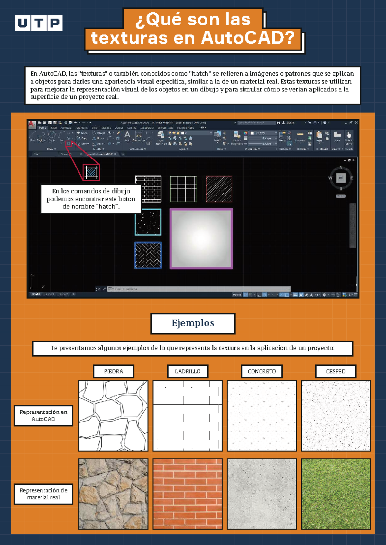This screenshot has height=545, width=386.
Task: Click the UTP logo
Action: (39, 23)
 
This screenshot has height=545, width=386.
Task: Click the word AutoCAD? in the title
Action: (248, 38)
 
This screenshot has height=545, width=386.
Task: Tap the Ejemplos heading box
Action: (193, 323)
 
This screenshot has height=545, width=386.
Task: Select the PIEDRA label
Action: (114, 371)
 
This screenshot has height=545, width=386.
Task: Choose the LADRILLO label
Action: (188, 371)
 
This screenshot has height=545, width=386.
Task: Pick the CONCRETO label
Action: (262, 371)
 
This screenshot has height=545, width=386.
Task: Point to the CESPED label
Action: (336, 371)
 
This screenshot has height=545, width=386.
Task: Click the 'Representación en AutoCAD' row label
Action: (43, 415)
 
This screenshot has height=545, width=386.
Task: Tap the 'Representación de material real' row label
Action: (43, 494)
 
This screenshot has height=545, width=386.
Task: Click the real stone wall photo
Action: (114, 494)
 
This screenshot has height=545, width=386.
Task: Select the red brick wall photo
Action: (188, 494)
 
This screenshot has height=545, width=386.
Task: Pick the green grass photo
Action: (336, 494)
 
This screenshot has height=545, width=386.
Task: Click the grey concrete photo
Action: (262, 494)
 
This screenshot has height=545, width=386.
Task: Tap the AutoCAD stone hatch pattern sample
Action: (114, 416)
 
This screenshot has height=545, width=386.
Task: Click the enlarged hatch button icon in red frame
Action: (91, 173)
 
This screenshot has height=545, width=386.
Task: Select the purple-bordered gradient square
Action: (201, 239)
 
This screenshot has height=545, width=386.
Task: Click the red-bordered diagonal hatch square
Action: (219, 189)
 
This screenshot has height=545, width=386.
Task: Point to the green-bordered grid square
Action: (183, 189)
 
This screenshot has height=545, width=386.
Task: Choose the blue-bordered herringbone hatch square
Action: (148, 255)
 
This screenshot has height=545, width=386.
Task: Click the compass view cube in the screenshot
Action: (341, 178)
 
